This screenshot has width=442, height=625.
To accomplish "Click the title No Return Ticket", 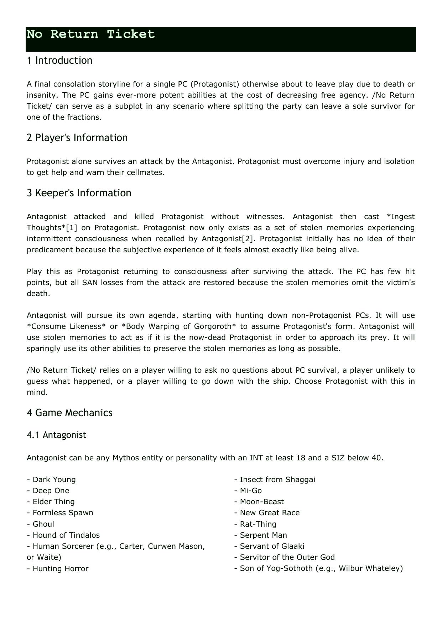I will click(91, 35).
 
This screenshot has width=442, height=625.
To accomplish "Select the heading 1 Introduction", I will click(59, 61).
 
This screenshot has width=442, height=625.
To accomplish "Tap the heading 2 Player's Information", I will click(77, 138).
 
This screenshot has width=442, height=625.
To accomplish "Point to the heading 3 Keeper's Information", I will click(79, 193).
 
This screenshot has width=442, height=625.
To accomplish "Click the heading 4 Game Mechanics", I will click(69, 413).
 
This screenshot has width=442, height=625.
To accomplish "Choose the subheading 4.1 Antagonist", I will click(56, 435).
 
